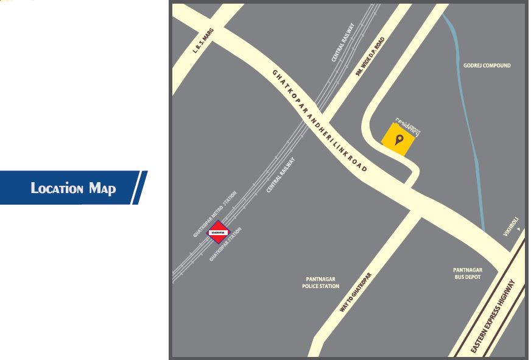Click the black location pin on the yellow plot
click(399, 141)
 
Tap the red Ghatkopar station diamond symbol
click(218, 232)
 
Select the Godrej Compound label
click(487, 65)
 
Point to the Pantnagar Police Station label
click(320, 283)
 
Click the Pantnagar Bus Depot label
click(467, 273)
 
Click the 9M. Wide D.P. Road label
click(371, 57)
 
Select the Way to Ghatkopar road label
click(355, 292)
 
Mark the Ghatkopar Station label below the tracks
click(225, 244)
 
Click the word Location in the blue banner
click(57, 188)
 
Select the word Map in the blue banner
click(102, 188)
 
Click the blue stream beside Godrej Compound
click(474, 152)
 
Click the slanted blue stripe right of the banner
click(139, 188)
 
